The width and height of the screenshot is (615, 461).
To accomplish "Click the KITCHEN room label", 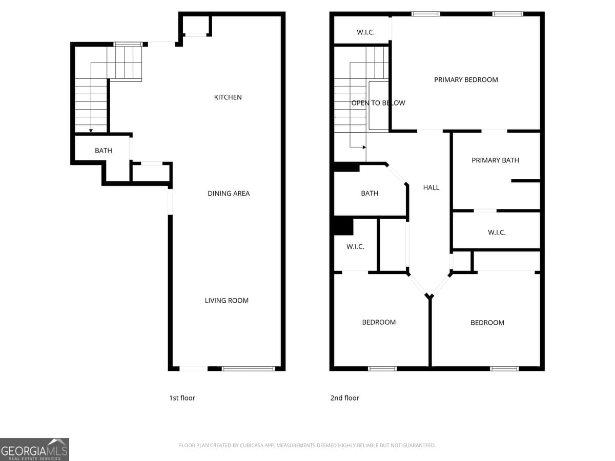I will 228,97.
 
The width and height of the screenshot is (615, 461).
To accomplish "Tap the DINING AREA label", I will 229,194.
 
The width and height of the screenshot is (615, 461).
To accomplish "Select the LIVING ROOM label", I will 227,301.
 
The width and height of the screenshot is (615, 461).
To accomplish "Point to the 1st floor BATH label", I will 103,151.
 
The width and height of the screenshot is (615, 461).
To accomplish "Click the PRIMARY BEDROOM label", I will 466,80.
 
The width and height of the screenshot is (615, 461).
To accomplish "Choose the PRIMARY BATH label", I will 495,160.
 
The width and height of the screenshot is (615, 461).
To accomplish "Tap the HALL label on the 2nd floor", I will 431,187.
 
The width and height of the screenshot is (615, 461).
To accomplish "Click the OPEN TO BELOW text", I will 378,103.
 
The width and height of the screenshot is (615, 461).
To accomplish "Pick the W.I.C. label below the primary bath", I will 497,233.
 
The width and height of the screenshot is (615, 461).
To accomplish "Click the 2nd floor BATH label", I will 370,194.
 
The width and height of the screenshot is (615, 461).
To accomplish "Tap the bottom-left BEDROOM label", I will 379,322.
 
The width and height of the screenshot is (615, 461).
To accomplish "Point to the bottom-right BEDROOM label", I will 487,323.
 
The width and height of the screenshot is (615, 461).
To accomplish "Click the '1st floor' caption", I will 182,398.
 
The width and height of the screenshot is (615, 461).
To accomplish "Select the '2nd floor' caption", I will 344,398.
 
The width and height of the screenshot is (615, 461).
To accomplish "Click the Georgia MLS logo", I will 34,449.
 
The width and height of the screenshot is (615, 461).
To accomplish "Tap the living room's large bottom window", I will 248,368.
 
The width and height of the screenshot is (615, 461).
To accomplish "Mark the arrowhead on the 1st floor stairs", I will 91,131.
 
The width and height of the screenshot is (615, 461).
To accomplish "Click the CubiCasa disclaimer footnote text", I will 307,446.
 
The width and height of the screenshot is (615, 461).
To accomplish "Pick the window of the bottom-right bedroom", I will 504,368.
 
